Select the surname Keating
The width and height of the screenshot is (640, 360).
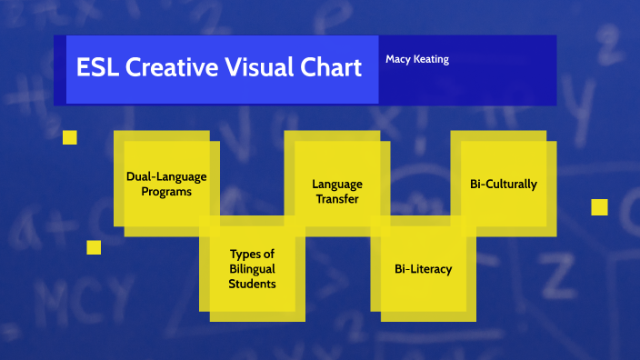pyautogui.click(x=431, y=59)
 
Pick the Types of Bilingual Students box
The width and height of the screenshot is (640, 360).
pyautogui.click(x=252, y=268)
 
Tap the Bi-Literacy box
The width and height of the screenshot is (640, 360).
pyautogui.click(x=423, y=268)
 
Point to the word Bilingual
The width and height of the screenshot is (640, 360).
pyautogui.click(x=252, y=269)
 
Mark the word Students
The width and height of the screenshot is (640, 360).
pyautogui.click(x=252, y=284)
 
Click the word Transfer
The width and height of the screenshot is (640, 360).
pyautogui.click(x=337, y=199)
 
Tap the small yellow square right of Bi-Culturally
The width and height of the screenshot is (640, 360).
pyautogui.click(x=599, y=207)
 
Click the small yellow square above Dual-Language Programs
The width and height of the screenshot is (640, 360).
pyautogui.click(x=69, y=137)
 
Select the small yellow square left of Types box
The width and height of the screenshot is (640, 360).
pyautogui.click(x=94, y=247)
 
